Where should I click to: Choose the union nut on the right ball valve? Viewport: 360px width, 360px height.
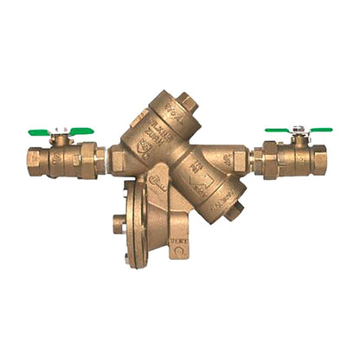[x=271, y=158]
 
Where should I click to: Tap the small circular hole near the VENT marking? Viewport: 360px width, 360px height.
[x=179, y=253]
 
